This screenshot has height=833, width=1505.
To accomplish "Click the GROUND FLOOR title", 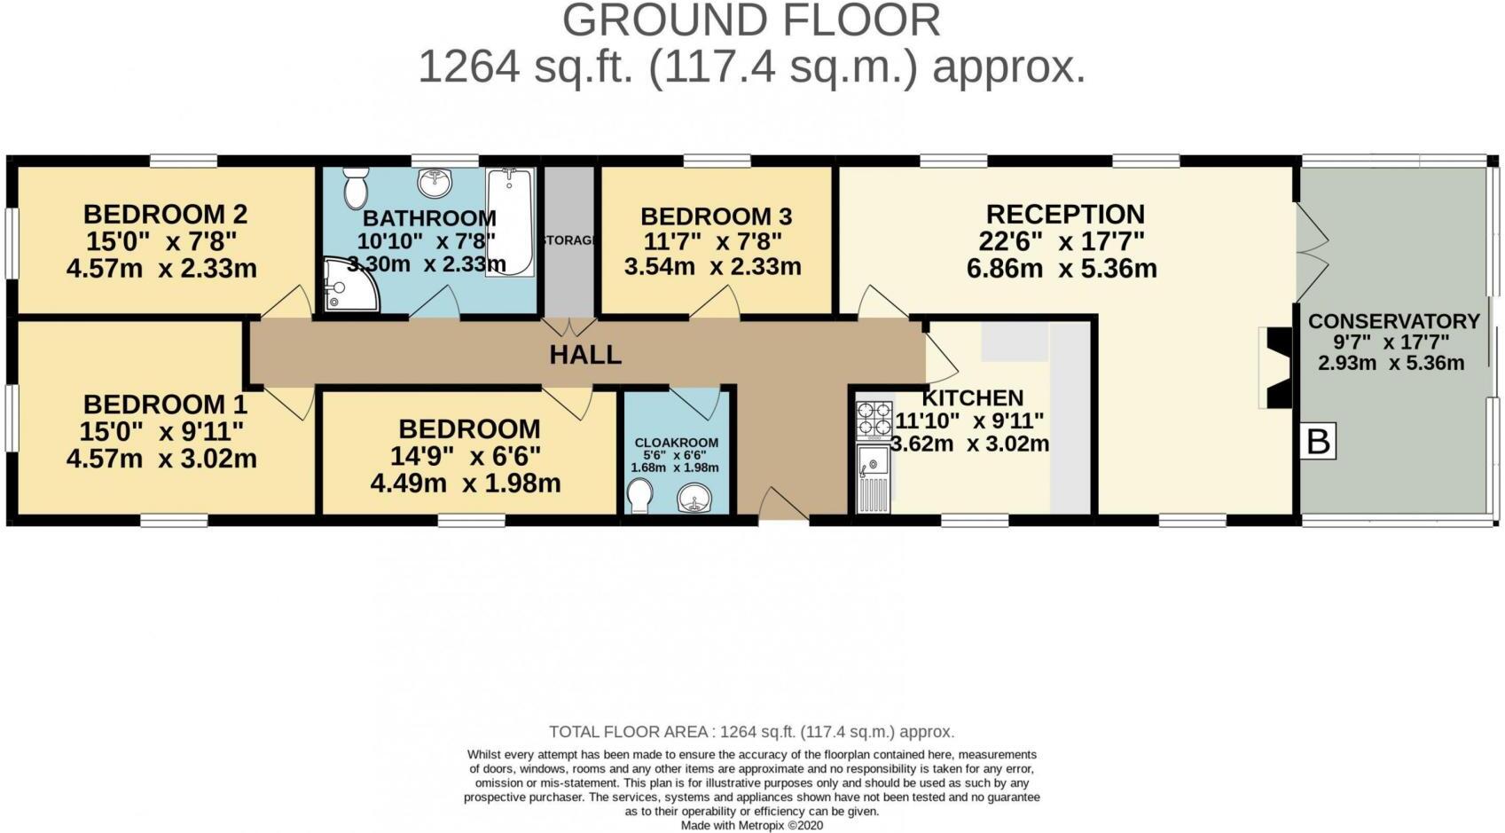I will (x=751, y=20).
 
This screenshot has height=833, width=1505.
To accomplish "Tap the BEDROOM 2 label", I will (x=165, y=214).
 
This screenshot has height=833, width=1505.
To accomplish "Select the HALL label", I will (x=584, y=355).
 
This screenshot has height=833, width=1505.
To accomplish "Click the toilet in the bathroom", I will (x=356, y=187).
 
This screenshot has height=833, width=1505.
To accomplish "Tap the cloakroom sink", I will (x=694, y=499).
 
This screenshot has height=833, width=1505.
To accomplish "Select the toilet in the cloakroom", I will (x=638, y=496).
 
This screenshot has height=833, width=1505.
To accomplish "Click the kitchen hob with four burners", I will (x=874, y=420).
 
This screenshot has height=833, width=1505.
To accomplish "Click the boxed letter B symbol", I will (x=1319, y=441).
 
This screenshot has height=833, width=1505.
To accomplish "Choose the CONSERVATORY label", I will (x=1393, y=321).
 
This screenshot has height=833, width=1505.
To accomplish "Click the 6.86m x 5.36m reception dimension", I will (x=1062, y=269).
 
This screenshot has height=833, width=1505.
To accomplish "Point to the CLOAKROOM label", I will (x=676, y=443).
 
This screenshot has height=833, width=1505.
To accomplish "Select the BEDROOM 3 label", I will (x=716, y=216).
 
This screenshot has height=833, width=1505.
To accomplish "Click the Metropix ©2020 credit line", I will (x=752, y=825).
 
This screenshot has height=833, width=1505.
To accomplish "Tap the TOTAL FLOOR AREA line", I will (x=751, y=732).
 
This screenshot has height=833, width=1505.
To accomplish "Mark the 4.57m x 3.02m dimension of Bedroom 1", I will (x=161, y=459).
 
